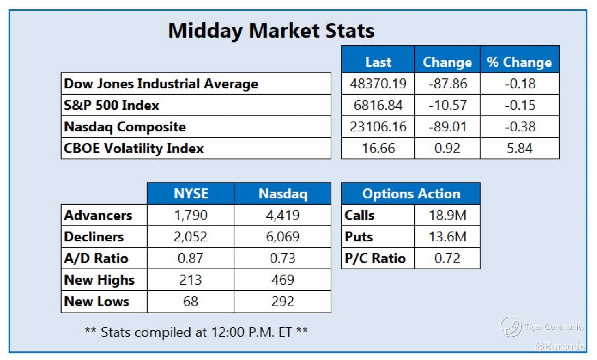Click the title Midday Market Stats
pyautogui.click(x=271, y=31)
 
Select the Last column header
pyautogui.click(x=378, y=63)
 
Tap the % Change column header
pyautogui.click(x=520, y=63)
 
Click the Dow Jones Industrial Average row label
pyautogui.click(x=161, y=84)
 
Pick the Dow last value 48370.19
pyautogui.click(x=378, y=84)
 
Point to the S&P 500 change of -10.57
pyautogui.click(x=447, y=105)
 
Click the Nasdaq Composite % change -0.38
pyautogui.click(x=520, y=127)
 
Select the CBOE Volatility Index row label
pyautogui.click(x=134, y=148)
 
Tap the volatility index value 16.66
pyautogui.click(x=378, y=148)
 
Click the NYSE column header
pyautogui.click(x=191, y=194)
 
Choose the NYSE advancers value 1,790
pyautogui.click(x=191, y=215)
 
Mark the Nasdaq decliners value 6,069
pyautogui.click(x=283, y=237)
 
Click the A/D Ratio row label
pyautogui.click(x=96, y=259)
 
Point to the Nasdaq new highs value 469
pyautogui.click(x=283, y=280)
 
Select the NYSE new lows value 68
pyautogui.click(x=191, y=302)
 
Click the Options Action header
pyautogui.click(x=411, y=194)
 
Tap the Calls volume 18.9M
pyautogui.click(x=447, y=215)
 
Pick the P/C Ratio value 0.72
pyautogui.click(x=447, y=259)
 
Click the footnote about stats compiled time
pyautogui.click(x=196, y=332)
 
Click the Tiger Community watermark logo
pyautogui.click(x=510, y=327)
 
